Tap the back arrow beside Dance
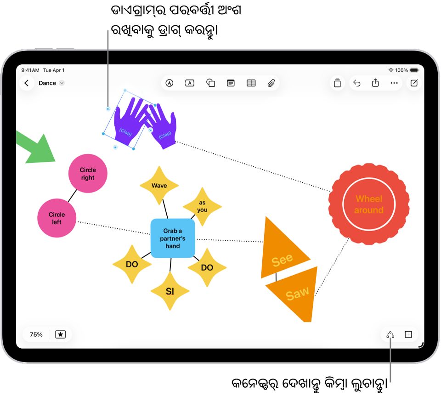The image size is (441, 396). point(27,83)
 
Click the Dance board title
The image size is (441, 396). point(47,83)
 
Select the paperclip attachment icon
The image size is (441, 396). point(271,83)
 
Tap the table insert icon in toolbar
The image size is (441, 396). point(251,83)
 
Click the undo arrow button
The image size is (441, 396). point(356,83)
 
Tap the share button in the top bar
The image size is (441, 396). point(375,83)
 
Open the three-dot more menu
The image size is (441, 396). point(394,83)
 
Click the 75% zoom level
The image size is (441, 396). point(36,334)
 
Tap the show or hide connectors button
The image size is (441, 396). point(390,334)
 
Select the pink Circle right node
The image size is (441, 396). point(88,174)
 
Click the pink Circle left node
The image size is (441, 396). point(57,218)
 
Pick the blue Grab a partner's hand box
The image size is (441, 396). point(173,238)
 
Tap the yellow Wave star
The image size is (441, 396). point(159,185)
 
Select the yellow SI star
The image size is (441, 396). point(170,291)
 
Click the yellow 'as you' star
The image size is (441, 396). point(202,207)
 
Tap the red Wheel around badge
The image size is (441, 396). point(369,204)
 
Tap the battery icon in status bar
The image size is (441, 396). point(414,70)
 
